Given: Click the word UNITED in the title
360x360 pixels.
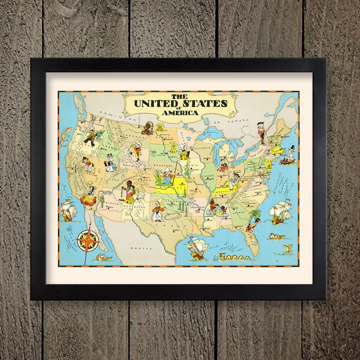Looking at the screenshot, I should pos(155,102).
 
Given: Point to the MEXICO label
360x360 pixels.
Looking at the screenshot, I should pos(137,249).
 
